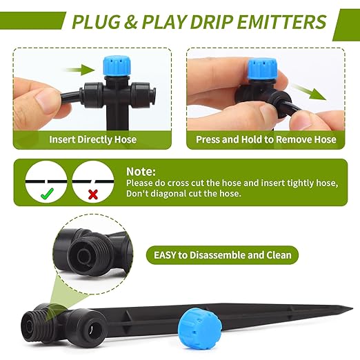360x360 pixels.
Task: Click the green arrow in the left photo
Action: coord(81,70)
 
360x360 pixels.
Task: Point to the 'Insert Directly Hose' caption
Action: coord(92,139)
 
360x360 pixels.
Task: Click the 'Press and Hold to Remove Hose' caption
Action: coord(266,139)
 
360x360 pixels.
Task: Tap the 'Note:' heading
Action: coord(141,171)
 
